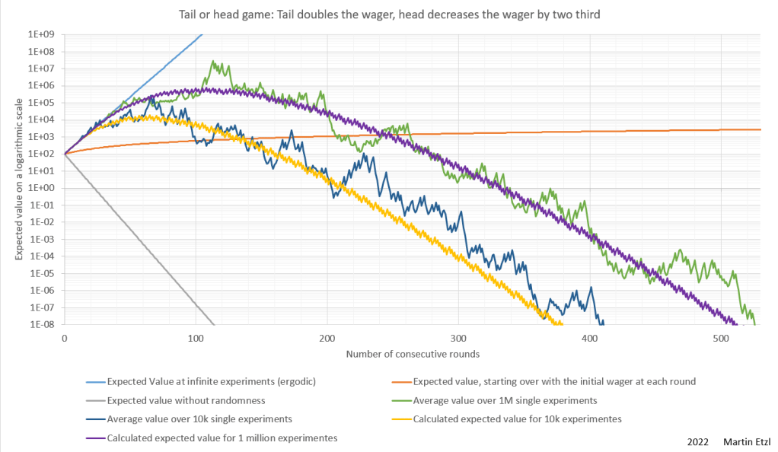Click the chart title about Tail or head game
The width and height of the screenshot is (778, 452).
click(388, 14)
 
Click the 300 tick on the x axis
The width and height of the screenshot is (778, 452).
click(458, 337)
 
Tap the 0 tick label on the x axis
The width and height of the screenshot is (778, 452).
click(64, 337)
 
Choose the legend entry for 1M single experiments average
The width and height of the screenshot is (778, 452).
click(504, 399)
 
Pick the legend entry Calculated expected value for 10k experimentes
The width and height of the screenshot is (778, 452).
click(517, 419)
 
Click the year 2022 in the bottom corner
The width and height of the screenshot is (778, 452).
click(698, 441)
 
